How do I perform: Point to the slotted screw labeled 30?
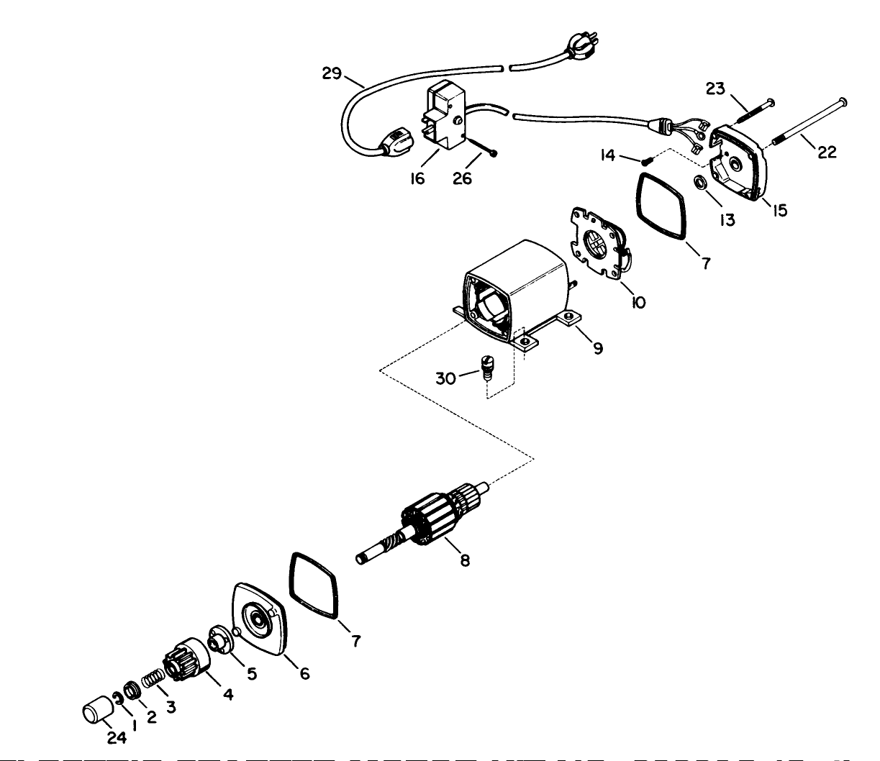[x=489, y=372]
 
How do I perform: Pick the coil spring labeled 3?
[x=153, y=679]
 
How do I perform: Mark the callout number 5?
[x=252, y=674]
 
